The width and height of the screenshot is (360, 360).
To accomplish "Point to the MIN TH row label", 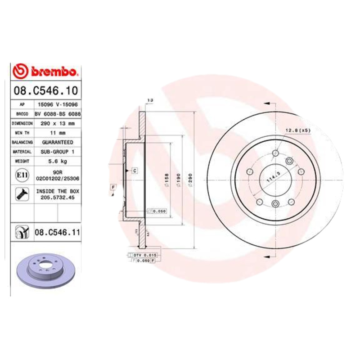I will (x=22, y=132).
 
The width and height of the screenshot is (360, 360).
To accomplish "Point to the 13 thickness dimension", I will (x=150, y=99).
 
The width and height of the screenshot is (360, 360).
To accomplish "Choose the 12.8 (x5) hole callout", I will (x=297, y=130).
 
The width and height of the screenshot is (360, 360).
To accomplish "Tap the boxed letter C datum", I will (x=134, y=170).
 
